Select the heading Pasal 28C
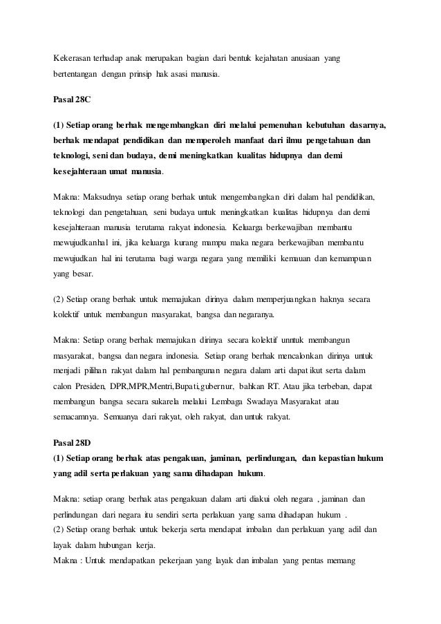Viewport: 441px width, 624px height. point(72,100)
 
